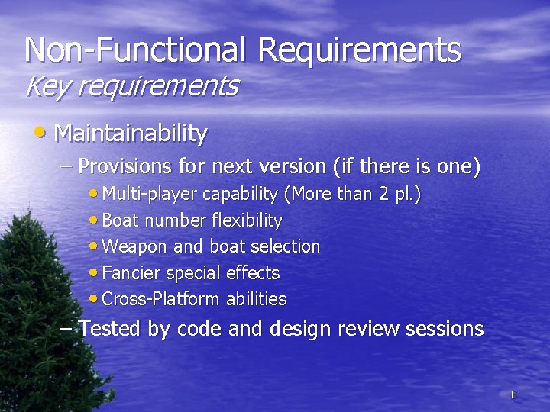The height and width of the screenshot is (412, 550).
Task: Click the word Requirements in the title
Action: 360,50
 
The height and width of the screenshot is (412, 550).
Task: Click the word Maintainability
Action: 131,134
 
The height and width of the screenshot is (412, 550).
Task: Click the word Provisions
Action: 126,166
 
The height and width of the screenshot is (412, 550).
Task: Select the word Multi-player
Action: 150,195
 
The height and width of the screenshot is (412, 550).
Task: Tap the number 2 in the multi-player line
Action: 383,195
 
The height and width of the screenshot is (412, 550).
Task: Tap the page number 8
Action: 513,394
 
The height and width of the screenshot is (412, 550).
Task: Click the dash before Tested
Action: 67,329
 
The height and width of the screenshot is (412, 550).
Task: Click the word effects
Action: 254,273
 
